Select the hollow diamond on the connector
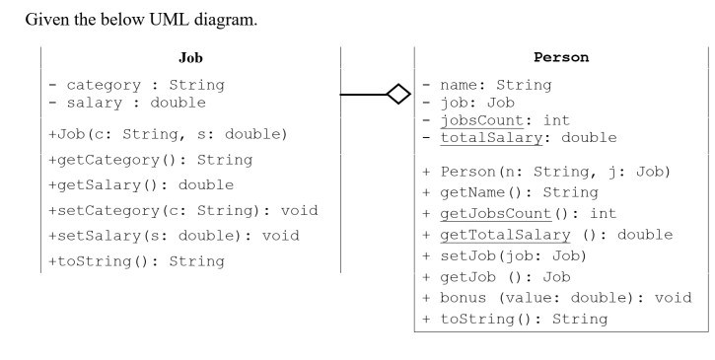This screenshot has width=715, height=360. (398, 96)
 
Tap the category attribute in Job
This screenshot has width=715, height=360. (134, 85)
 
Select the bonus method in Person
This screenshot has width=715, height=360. (557, 297)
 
